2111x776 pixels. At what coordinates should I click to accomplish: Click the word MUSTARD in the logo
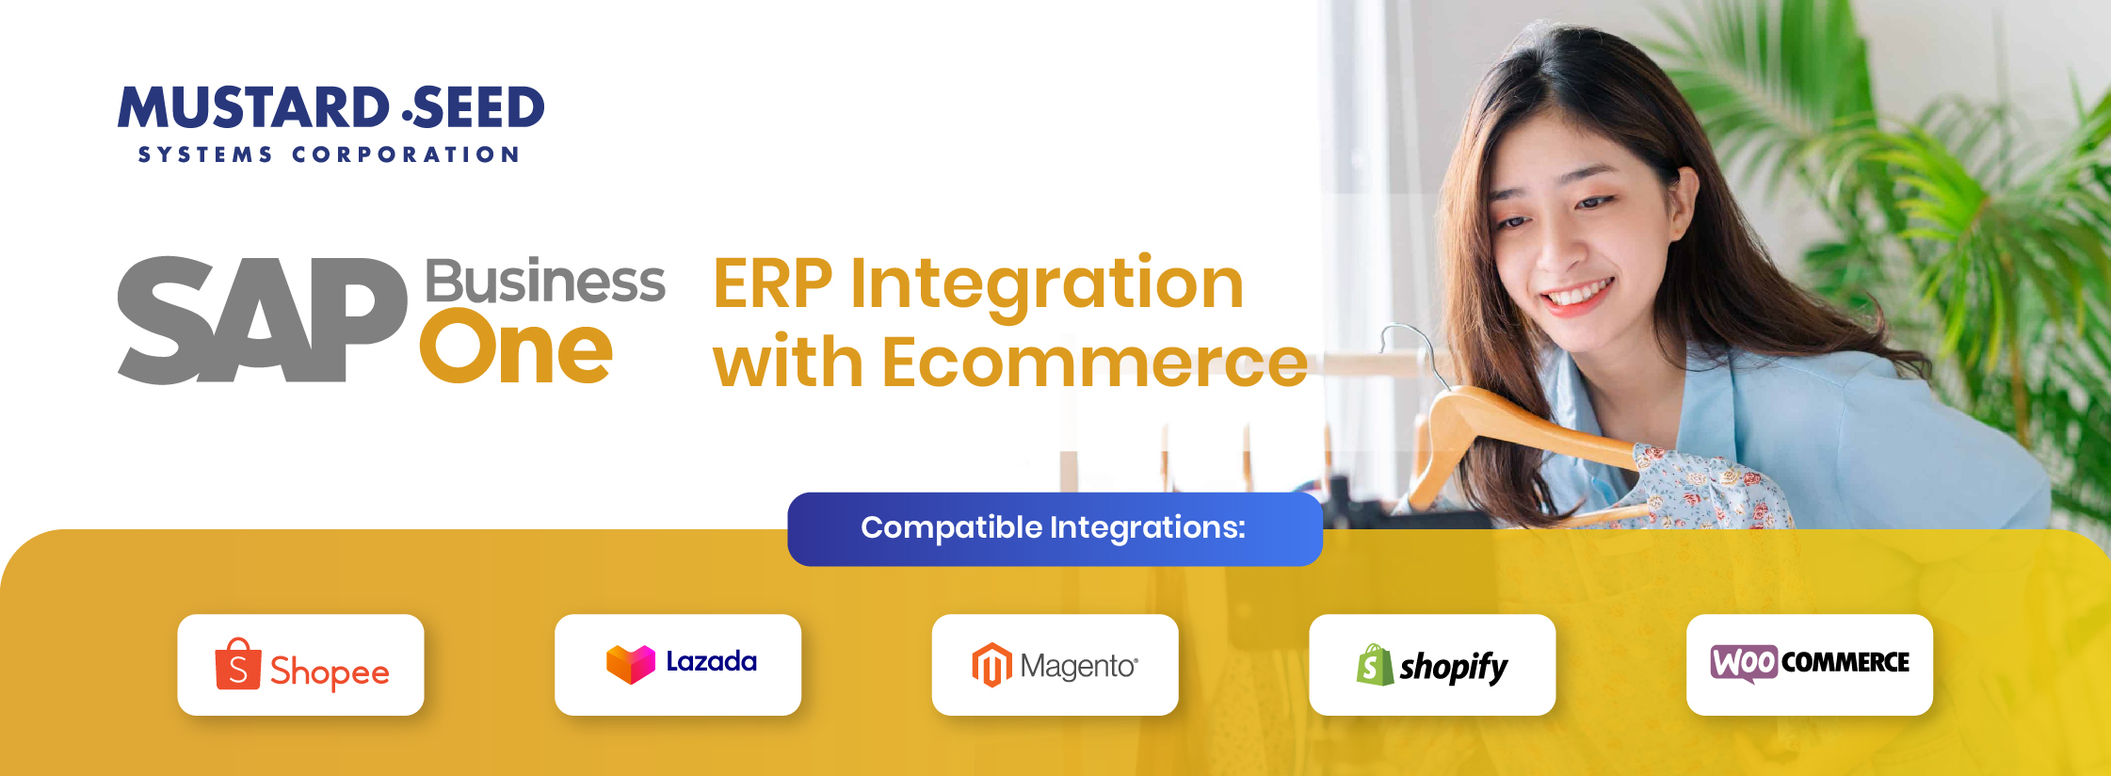253,107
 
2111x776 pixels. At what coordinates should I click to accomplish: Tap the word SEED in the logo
478,107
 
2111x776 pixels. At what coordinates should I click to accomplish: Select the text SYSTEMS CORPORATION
329,154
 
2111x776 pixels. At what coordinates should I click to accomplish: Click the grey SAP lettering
262,320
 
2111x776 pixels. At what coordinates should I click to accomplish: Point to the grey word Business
545,281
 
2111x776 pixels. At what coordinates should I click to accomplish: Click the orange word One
516,348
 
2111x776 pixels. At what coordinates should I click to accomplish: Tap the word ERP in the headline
773,283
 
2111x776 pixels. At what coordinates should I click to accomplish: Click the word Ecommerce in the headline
1095,363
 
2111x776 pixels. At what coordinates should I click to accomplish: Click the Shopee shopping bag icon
238,664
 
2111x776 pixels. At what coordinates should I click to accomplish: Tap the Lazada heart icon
631,664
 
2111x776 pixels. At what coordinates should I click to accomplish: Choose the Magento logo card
1055,665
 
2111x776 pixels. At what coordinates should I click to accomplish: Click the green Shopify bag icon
1375,665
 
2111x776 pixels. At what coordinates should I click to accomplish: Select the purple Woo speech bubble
1744,663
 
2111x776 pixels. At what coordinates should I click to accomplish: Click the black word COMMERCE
1845,663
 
